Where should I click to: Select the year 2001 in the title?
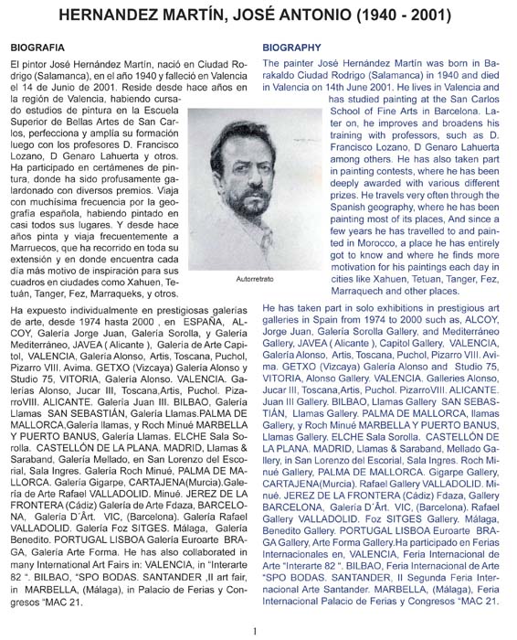tap(449, 16)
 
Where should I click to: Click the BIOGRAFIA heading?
tap(37, 45)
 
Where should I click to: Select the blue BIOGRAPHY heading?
tap(292, 45)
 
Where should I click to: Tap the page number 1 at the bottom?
tap(258, 629)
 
